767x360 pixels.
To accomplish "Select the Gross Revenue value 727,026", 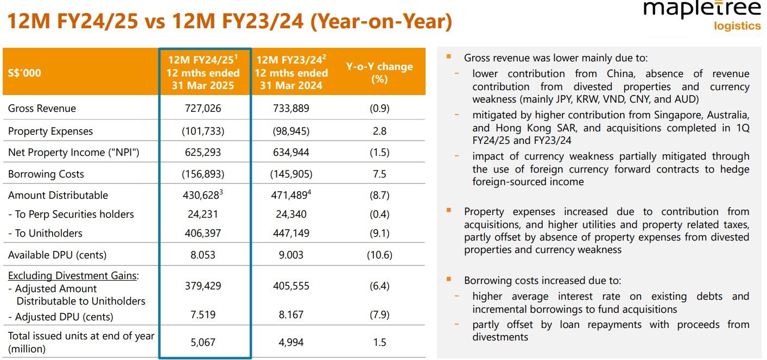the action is tap(203, 108).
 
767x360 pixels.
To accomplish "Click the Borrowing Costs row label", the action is tap(46, 174).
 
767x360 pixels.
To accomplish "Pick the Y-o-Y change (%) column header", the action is tap(379, 73).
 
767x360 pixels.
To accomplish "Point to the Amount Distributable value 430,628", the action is tap(201, 195).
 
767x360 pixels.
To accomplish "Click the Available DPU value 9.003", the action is tap(291, 255).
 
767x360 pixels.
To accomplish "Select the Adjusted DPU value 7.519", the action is tap(203, 314).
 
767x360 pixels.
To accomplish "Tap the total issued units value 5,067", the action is tap(203, 342).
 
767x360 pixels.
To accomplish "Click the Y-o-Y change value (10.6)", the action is tap(379, 255).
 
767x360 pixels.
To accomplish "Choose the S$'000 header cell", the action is tap(24, 73).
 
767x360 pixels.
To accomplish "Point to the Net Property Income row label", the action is tap(74, 153).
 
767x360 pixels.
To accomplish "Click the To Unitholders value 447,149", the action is tap(291, 233).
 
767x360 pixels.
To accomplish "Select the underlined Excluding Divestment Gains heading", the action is tap(73, 275).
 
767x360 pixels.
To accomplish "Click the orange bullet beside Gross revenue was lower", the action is tap(448, 56).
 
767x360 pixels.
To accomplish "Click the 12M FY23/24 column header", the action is tap(291, 73).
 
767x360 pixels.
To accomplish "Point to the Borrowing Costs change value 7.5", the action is tap(379, 174).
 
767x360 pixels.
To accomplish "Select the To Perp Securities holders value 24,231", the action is tap(203, 214).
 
